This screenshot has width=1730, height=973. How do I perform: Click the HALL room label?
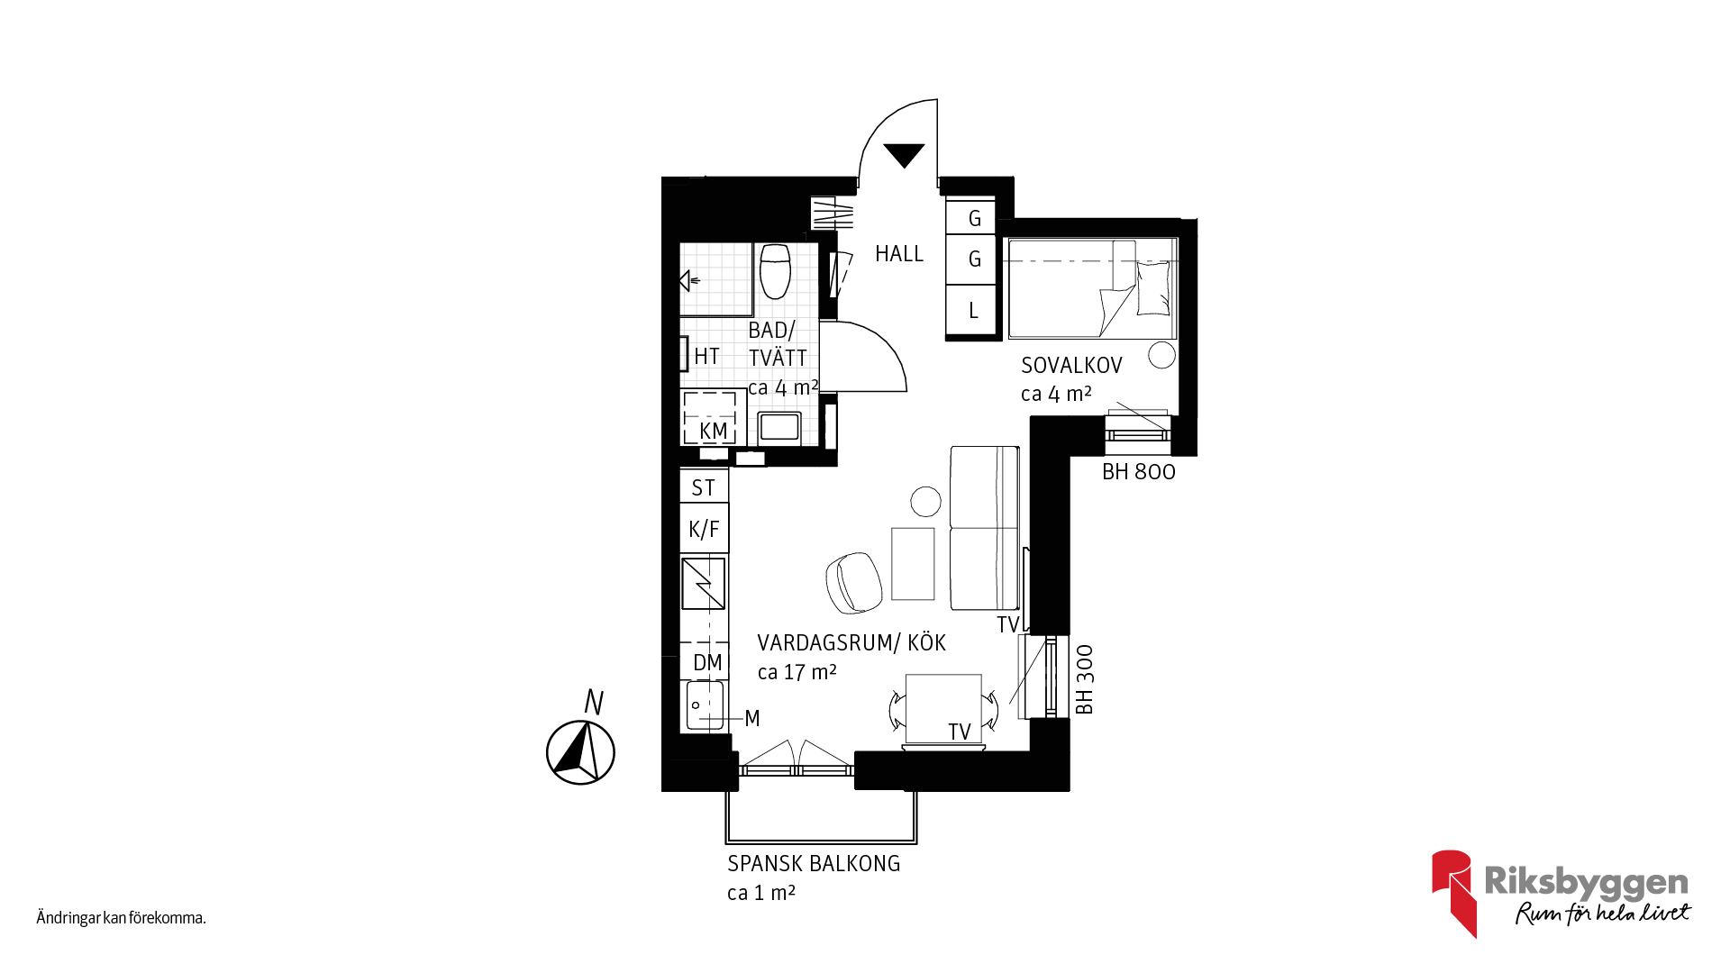[899, 254]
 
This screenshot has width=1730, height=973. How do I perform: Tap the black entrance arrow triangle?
[904, 155]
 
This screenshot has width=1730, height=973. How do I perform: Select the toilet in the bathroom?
[775, 271]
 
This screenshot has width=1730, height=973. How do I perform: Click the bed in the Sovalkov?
[1092, 288]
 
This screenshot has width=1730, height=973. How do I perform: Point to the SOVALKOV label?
[1071, 365]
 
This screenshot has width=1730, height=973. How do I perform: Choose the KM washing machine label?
[713, 432]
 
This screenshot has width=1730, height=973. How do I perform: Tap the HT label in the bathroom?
[706, 357]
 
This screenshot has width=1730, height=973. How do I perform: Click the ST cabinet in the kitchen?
[704, 486]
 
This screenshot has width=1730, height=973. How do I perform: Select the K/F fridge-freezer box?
[704, 529]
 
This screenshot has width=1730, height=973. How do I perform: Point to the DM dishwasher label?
[707, 663]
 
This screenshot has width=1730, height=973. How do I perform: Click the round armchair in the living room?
[853, 582]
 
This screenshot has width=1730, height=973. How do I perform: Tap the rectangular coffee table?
[913, 564]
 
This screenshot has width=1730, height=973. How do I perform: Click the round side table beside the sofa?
[925, 501]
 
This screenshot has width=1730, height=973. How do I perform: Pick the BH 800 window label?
[1139, 472]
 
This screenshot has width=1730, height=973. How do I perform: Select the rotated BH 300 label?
[1085, 679]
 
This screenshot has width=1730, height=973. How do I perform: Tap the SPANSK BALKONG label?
[814, 863]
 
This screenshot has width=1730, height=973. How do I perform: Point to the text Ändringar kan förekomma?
[122, 918]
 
